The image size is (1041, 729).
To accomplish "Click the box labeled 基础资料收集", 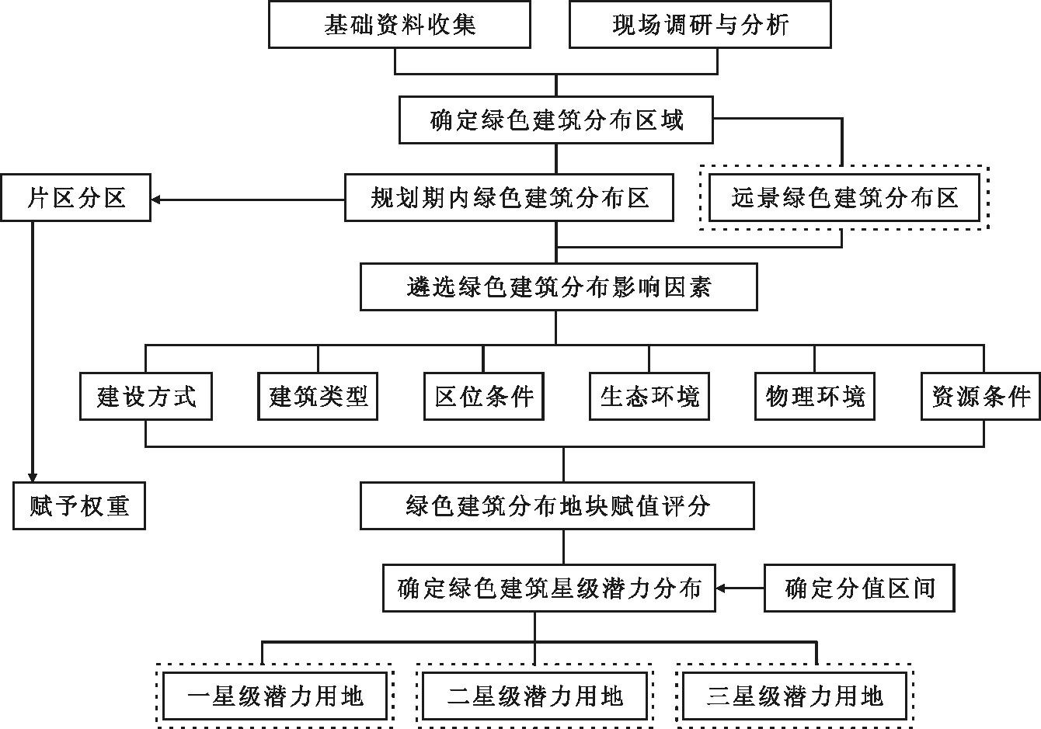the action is tap(399, 24).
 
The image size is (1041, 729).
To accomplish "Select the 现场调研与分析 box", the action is tap(700, 24).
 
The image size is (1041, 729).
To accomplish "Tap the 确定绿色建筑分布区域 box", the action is tap(555, 120).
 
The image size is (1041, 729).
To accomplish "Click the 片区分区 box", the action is tap(76, 198).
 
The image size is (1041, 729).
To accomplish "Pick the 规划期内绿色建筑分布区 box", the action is tap(509, 198).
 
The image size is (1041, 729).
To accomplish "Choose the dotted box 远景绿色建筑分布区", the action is tap(844, 198).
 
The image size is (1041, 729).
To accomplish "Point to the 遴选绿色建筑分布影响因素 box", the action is tap(559, 287).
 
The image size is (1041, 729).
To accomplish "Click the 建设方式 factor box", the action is tap(146, 397).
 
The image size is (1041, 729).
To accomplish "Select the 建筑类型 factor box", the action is tap(318, 397).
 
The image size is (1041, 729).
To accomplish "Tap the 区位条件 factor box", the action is tap(484, 397).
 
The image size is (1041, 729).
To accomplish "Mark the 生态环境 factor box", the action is tap(649, 397).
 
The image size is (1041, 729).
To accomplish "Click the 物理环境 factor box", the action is tap(815, 397).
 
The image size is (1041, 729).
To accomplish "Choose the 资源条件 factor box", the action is tap(980, 397).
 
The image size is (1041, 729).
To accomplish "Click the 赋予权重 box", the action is tap(79, 505).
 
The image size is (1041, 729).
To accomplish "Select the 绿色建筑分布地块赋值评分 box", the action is tap(557, 505).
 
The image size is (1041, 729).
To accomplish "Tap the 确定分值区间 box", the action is tap(859, 588).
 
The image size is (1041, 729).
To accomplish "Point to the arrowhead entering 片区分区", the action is tap(156, 200).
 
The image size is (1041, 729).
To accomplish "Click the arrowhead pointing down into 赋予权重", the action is tap(33, 477).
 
